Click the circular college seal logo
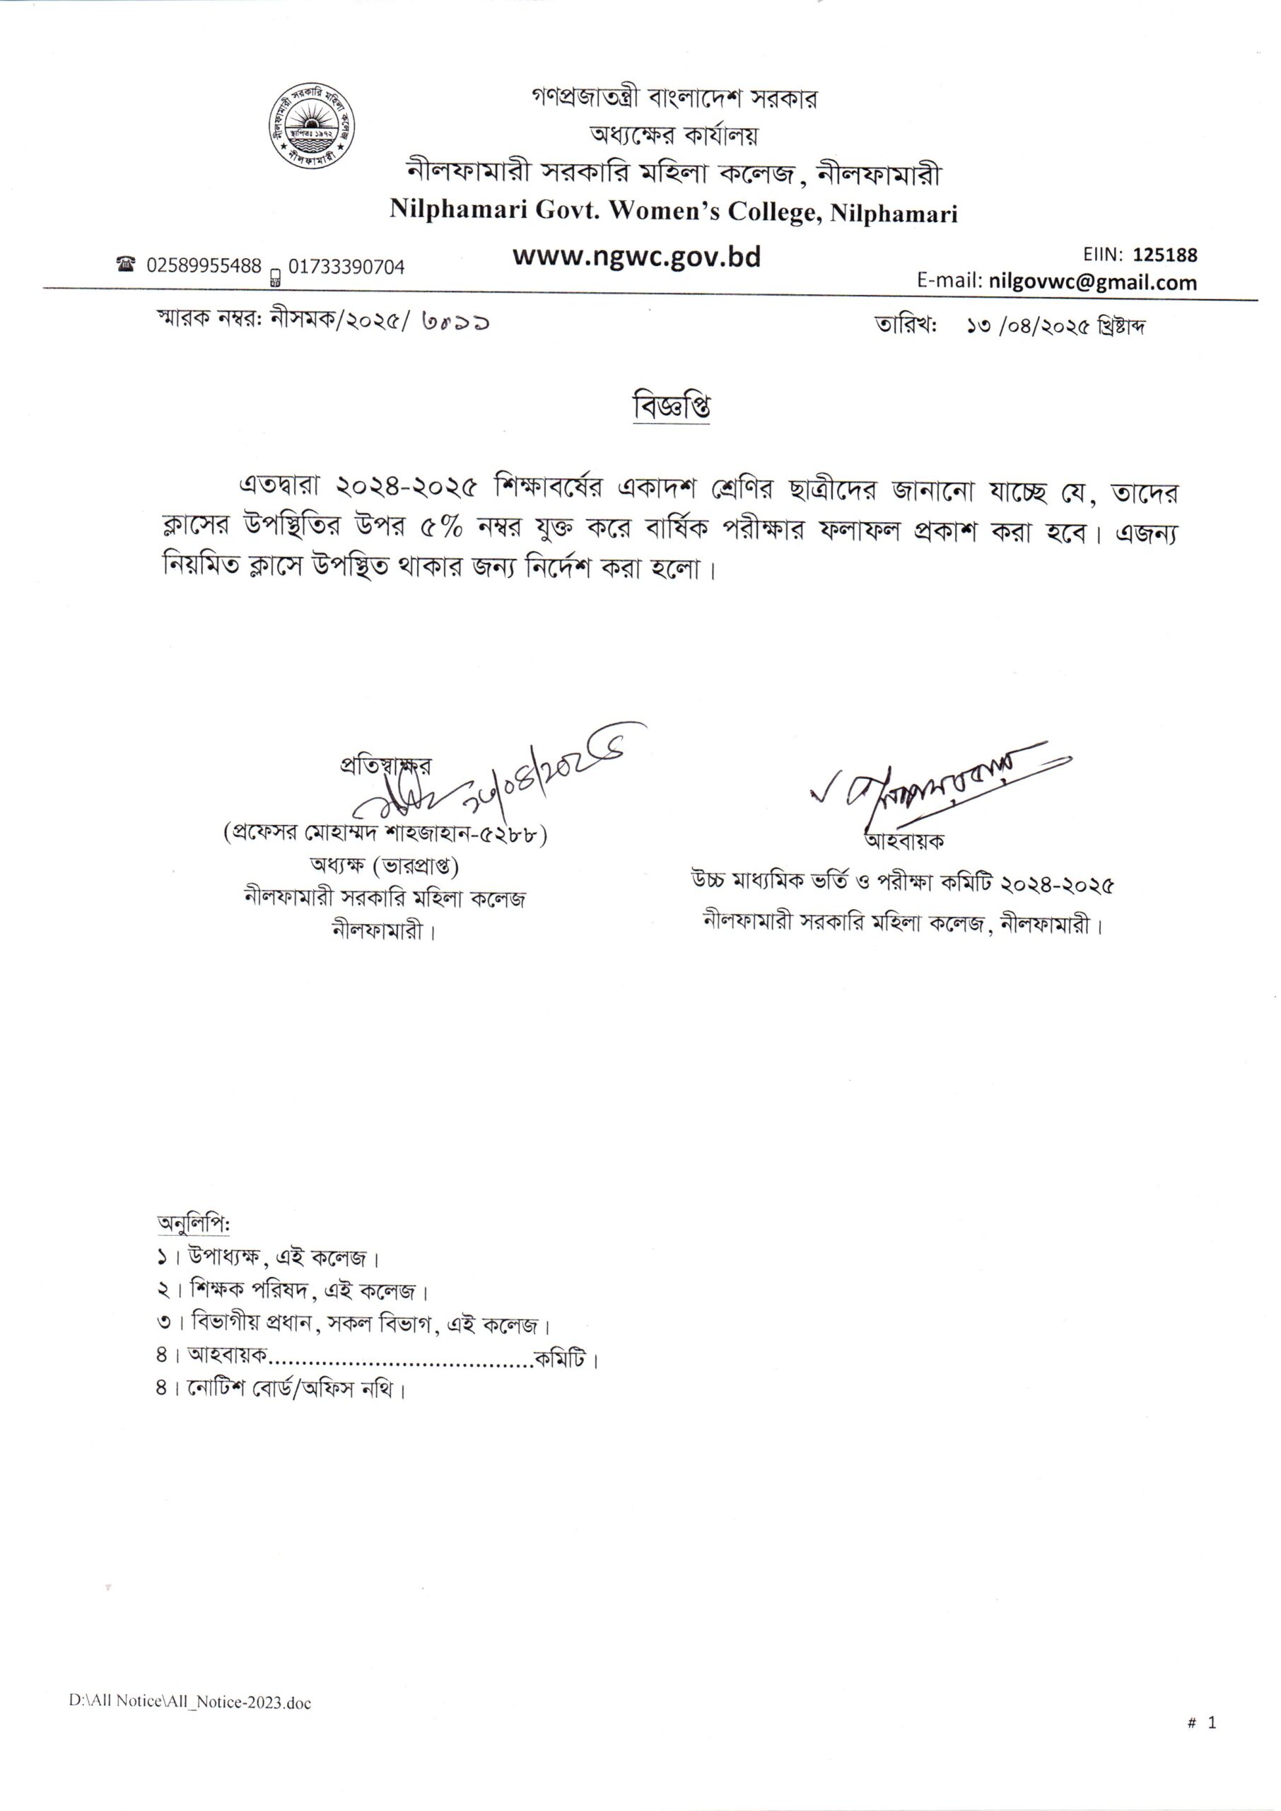308,125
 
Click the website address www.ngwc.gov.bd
636,257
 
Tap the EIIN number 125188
1165,255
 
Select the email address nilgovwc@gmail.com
1092,282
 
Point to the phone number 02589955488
204,266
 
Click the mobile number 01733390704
346,267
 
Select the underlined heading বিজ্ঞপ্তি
672,407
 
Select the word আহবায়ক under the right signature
906,841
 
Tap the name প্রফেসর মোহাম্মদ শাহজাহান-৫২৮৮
386,834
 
